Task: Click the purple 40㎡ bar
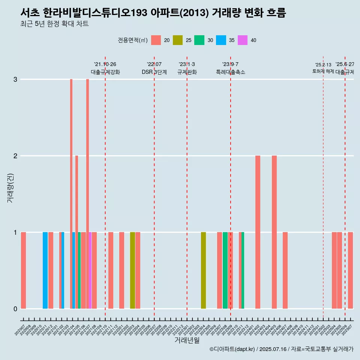click(x=90, y=270)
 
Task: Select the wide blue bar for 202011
click(x=45, y=270)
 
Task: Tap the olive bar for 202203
click(x=132, y=270)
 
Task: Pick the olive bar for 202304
click(x=203, y=270)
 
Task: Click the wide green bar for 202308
click(x=225, y=270)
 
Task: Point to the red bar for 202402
click(x=258, y=232)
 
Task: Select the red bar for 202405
click(x=274, y=232)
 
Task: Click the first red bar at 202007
click(x=23, y=270)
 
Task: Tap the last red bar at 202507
click(x=350, y=270)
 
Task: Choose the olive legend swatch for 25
click(x=178, y=40)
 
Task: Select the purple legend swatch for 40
click(x=243, y=40)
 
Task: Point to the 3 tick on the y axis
click(x=15, y=79)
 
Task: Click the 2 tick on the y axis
click(x=15, y=156)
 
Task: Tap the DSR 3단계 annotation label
click(x=154, y=72)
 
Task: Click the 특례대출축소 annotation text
click(x=230, y=72)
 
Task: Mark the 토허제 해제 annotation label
click(x=323, y=71)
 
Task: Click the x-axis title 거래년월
click(x=187, y=340)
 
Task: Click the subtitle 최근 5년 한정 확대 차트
click(x=54, y=24)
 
